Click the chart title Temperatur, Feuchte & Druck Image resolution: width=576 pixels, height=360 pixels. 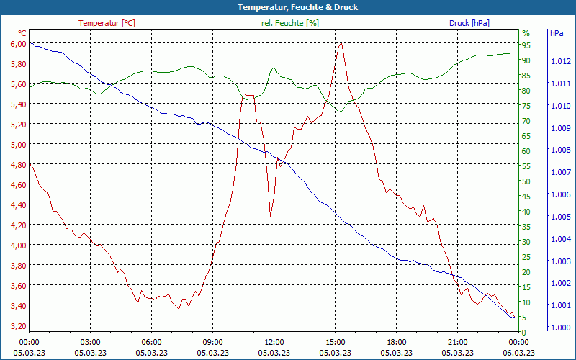(x=288, y=7)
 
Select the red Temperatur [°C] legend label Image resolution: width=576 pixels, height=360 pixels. (x=107, y=23)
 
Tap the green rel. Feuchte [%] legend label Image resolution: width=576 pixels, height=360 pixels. (x=290, y=23)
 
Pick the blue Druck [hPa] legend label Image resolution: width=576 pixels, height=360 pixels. (x=469, y=23)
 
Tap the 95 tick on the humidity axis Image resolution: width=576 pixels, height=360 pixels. (x=526, y=45)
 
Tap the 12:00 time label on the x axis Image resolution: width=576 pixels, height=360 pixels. (x=274, y=342)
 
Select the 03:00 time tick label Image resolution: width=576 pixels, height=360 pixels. (x=90, y=342)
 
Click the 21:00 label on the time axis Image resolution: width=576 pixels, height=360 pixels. (x=457, y=342)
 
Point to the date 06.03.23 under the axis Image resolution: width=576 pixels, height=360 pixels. (x=518, y=353)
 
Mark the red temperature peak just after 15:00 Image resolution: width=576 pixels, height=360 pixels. (x=341, y=43)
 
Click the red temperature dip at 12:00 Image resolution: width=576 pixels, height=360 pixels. (x=271, y=215)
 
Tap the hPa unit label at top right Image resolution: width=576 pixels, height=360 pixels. (x=557, y=33)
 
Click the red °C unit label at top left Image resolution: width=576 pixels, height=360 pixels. (x=22, y=33)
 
